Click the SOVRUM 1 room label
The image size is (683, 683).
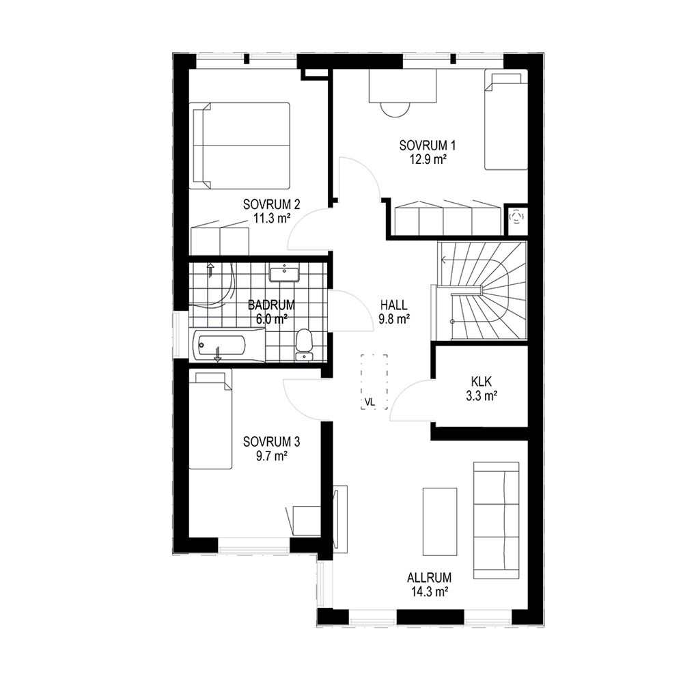coord(427,145)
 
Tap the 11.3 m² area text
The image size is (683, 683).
coord(272,218)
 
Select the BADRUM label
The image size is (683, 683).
coord(271,305)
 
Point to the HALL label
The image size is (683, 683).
coord(393,305)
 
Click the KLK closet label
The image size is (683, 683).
coord(482,382)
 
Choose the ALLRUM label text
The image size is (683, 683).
coord(429,578)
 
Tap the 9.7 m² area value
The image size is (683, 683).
coord(271,456)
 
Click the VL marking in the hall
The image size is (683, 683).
coord(370,402)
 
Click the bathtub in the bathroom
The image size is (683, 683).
coord(227,346)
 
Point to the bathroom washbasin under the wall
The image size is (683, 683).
coord(284,274)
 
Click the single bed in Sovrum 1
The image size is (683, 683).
coord(506,121)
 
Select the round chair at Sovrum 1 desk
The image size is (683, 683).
coord(395,109)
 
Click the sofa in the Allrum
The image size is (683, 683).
coord(496,520)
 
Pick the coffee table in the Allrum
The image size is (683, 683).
coord(440,521)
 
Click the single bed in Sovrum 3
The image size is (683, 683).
coord(210,419)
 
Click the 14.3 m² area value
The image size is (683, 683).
coord(429,591)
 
